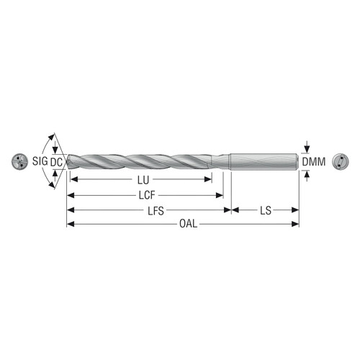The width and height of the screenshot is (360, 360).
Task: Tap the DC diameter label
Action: point(58,162)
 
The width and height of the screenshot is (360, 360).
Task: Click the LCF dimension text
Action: point(147,194)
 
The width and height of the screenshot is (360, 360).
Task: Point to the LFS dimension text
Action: point(150,210)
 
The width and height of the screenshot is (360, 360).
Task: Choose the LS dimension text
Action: point(265,210)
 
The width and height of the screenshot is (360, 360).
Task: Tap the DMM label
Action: point(314,162)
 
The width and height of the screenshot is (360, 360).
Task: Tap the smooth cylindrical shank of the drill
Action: point(264,161)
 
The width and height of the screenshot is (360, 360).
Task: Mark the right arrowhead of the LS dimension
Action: point(295,210)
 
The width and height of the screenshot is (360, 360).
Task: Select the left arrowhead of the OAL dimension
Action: point(70,225)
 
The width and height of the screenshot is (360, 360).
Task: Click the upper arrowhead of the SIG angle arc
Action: point(53,137)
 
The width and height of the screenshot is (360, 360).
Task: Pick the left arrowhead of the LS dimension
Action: point(235,210)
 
